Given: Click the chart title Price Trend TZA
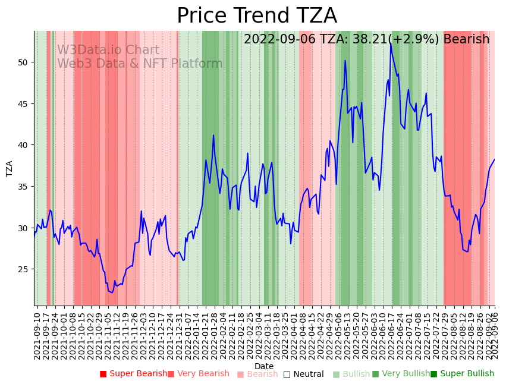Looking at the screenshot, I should tap(256, 16).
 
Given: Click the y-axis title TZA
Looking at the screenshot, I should tap(10, 168).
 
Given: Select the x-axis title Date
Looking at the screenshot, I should tap(264, 366).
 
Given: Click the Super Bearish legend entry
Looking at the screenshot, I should tap(134, 374).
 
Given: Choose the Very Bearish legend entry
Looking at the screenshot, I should tap(198, 374).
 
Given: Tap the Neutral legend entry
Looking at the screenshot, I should tap(304, 374).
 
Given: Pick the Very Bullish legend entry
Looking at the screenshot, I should tap(401, 374).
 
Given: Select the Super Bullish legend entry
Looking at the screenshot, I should tap(462, 374).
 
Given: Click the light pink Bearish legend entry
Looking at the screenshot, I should tap(257, 374).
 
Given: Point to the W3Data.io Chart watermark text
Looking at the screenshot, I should tap(108, 51).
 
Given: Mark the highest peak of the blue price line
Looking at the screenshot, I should tap(391, 43).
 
